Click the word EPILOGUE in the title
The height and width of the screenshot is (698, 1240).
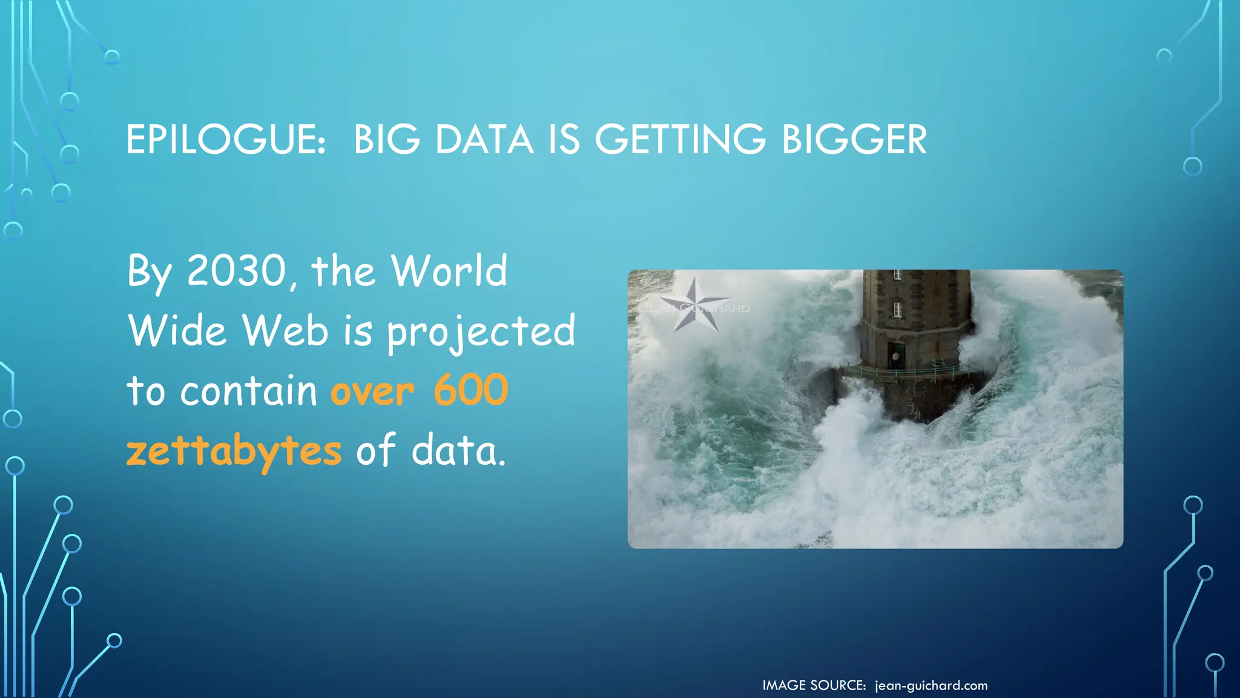(225, 139)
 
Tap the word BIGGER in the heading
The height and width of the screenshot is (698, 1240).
(854, 139)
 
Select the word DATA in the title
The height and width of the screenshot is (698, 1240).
(484, 139)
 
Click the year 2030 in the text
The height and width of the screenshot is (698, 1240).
(237, 270)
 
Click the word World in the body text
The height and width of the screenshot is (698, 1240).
(449, 270)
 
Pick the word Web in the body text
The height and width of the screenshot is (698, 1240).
(285, 331)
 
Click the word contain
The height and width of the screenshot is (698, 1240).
(249, 391)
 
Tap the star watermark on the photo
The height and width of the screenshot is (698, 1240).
(694, 305)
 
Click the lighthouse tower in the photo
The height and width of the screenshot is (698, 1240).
(915, 315)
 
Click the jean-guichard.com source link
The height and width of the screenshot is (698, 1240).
(931, 685)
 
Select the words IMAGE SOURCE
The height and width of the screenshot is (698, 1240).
(814, 685)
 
